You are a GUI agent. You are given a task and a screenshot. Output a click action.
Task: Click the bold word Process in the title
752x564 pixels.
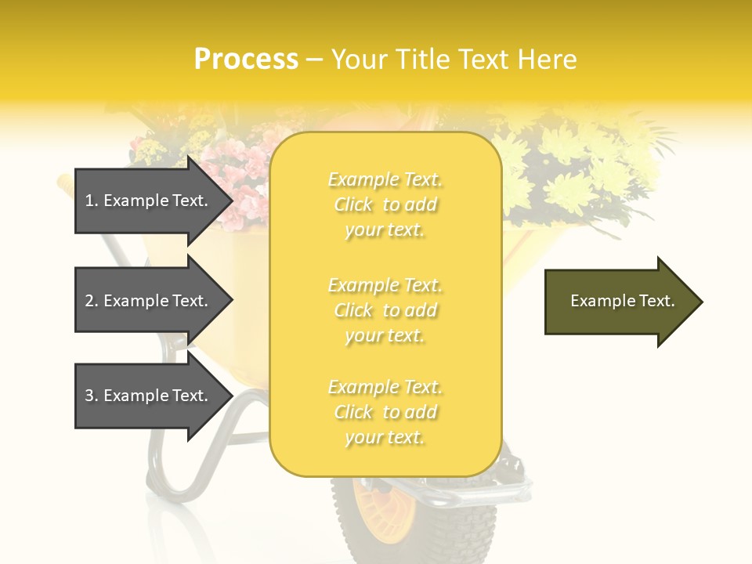246,60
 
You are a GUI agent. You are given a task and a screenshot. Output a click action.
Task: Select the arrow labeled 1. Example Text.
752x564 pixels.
149,201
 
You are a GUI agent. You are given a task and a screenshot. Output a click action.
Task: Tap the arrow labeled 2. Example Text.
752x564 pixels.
149,301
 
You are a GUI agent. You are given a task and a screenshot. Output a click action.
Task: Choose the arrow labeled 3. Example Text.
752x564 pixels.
149,396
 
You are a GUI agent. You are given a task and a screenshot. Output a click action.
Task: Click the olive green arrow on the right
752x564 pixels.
619,301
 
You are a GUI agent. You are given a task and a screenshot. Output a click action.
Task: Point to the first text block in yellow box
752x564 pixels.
385,204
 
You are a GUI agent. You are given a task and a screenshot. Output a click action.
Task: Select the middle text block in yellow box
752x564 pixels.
385,310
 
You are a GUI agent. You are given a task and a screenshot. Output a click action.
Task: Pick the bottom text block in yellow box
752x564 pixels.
385,412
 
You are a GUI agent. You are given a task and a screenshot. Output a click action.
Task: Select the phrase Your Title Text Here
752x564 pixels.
454,60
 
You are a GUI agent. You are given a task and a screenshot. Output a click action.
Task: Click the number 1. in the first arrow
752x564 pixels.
92,201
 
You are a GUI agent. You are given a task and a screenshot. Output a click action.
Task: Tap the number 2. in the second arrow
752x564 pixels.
92,301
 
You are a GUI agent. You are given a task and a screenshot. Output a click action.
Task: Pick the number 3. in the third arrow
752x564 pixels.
92,396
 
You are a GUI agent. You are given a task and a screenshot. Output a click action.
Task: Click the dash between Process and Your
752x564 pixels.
314,60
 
